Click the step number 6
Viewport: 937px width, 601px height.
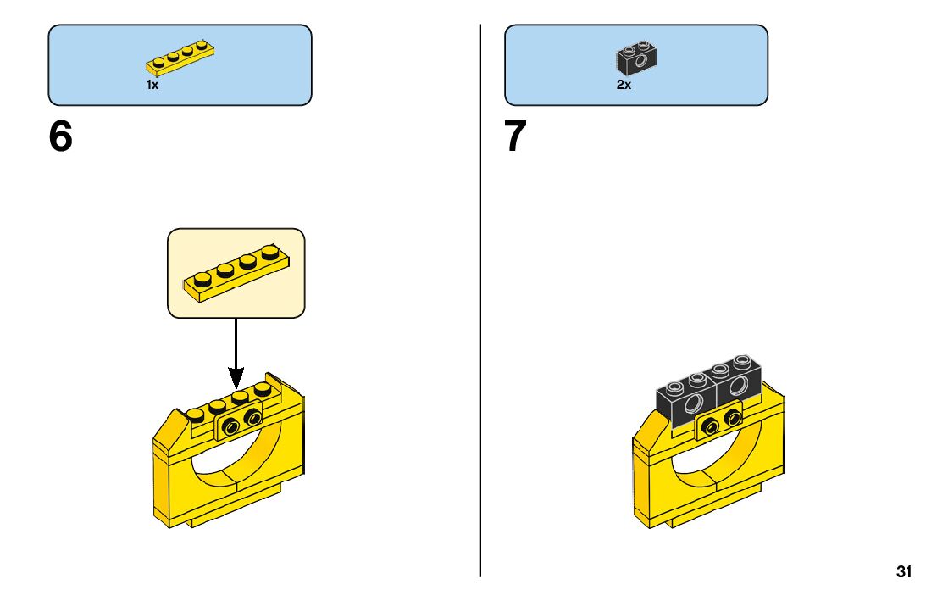[61, 137]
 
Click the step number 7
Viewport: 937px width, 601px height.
[516, 137]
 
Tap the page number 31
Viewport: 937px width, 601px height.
[904, 572]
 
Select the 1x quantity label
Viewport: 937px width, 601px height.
[152, 86]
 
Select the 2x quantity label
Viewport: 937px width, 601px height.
[624, 86]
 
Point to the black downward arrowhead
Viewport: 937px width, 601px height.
[236, 376]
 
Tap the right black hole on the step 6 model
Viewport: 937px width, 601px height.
[252, 418]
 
